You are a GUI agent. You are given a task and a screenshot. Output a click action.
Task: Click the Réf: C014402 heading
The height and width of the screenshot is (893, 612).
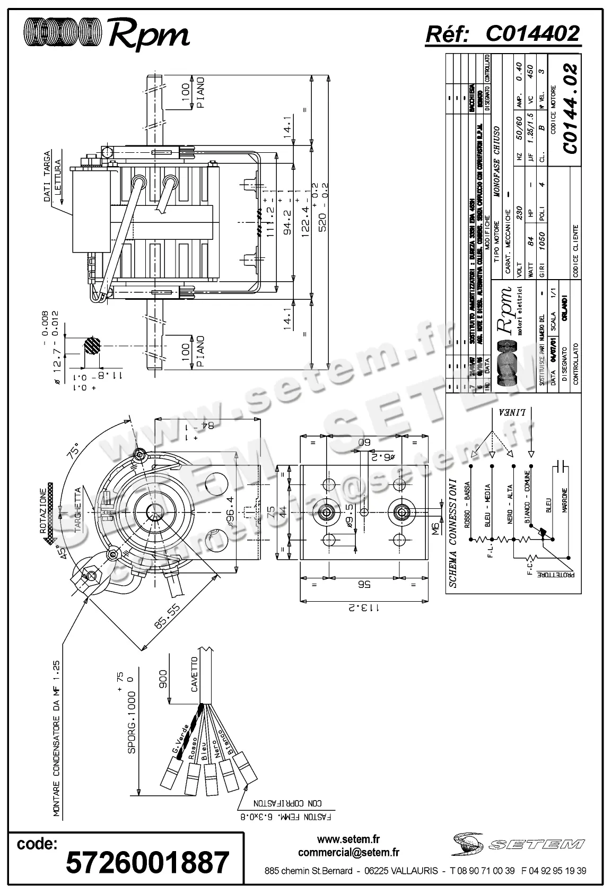coord(503,33)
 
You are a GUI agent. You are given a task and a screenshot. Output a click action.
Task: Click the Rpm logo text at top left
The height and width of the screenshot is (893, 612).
coord(149,33)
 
